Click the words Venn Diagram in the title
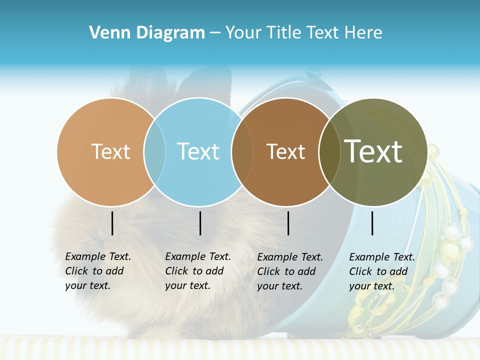click(147, 33)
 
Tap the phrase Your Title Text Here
click(303, 33)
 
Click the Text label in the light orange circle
click(110, 151)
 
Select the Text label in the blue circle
click(198, 151)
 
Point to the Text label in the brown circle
click(285, 151)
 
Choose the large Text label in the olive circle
click(373, 151)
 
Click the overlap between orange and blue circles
click(154, 152)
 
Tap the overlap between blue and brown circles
click(242, 152)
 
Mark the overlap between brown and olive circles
click(329, 152)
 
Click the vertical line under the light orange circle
click(112, 223)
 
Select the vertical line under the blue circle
click(200, 223)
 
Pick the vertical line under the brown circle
click(288, 223)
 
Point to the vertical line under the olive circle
click(372, 223)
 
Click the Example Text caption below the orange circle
click(98, 271)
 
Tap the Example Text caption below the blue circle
click(198, 271)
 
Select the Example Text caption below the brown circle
click(290, 271)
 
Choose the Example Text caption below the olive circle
click(382, 271)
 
